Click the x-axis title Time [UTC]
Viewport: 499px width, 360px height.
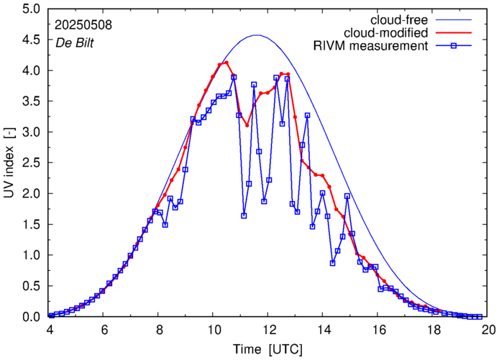pos(267,349)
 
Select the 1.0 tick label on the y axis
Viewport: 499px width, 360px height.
pos(29,255)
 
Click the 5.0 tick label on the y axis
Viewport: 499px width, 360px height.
pos(29,9)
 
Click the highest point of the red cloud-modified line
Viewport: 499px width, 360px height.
pos(226,63)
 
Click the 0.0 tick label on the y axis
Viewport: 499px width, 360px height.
pos(29,316)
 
